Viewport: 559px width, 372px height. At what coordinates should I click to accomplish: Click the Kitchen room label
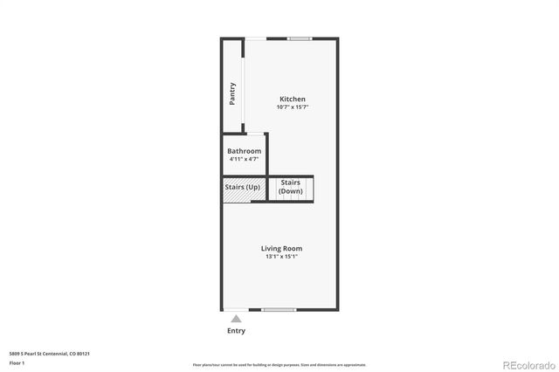pyautogui.click(x=292, y=99)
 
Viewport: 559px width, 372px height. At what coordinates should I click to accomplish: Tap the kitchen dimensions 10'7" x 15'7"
pyautogui.click(x=292, y=107)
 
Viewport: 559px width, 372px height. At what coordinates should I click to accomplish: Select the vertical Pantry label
pyautogui.click(x=232, y=93)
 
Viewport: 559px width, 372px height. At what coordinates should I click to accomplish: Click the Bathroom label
pyautogui.click(x=244, y=151)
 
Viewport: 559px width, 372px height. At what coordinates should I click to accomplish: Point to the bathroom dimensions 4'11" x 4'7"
pyautogui.click(x=244, y=159)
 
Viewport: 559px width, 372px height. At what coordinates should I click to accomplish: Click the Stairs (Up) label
pyautogui.click(x=243, y=187)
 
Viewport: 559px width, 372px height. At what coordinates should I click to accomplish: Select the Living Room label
pyautogui.click(x=281, y=248)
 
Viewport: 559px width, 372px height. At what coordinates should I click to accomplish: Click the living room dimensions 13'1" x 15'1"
pyautogui.click(x=281, y=257)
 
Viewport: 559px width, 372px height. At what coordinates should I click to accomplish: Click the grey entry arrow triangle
pyautogui.click(x=236, y=319)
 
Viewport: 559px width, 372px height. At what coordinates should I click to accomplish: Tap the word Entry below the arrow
pyautogui.click(x=236, y=331)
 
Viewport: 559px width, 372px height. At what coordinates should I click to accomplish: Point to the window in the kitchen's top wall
pyautogui.click(x=300, y=38)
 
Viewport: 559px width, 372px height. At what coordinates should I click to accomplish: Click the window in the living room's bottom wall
pyautogui.click(x=279, y=310)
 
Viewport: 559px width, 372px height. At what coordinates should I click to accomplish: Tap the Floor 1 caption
pyautogui.click(x=17, y=362)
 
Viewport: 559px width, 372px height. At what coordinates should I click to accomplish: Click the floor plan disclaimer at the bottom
pyautogui.click(x=279, y=364)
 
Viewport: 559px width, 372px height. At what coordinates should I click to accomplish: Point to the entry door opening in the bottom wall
pyautogui.click(x=236, y=310)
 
